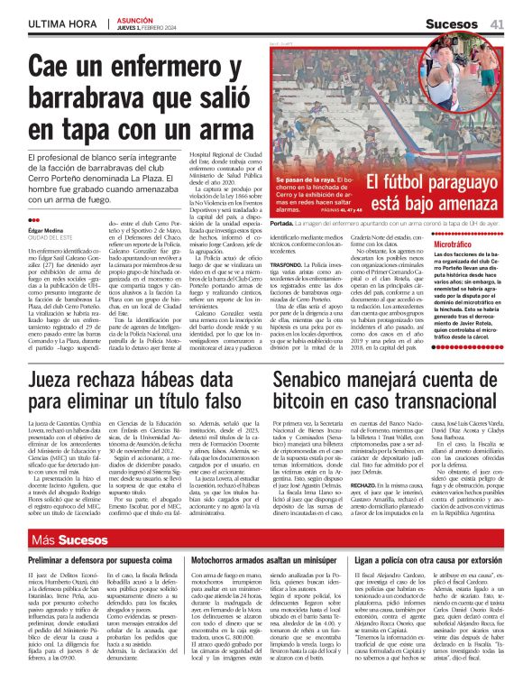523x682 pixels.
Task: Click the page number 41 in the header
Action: pyautogui.click(x=498, y=23)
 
